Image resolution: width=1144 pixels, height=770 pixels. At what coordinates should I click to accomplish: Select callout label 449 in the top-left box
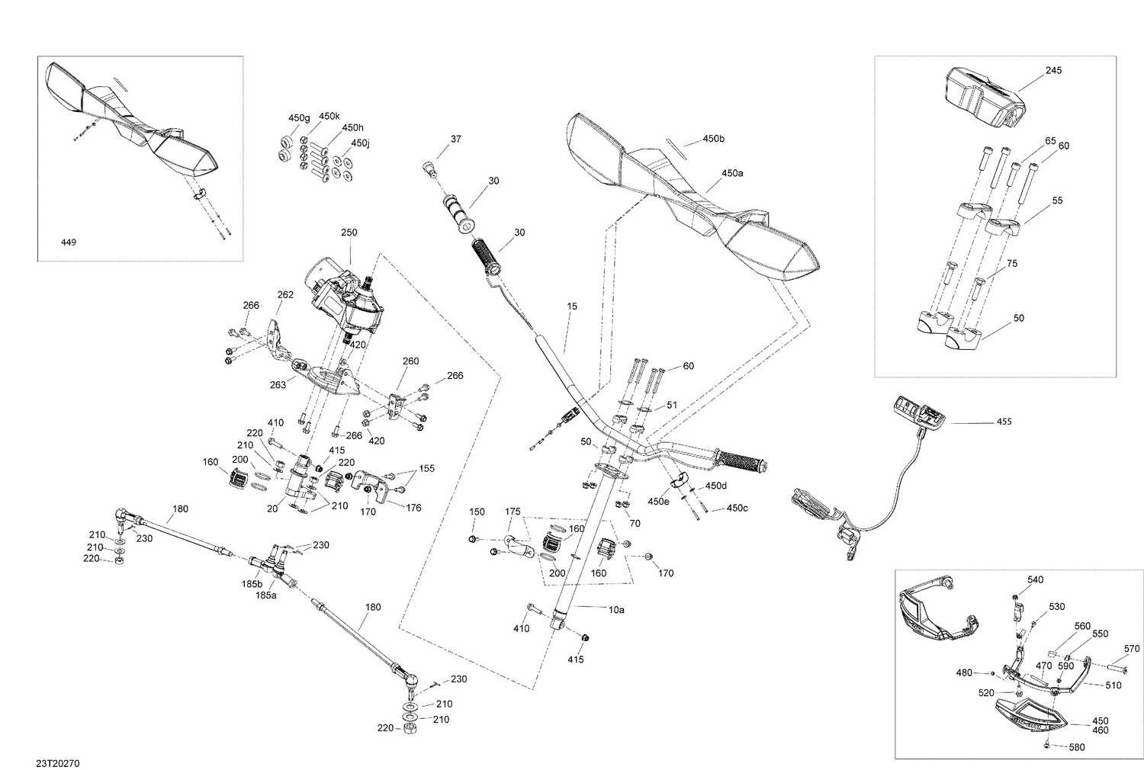(69, 242)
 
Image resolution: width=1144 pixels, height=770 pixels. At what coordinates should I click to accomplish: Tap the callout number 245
(1053, 70)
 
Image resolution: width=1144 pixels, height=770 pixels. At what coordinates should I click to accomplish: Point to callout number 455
(1004, 422)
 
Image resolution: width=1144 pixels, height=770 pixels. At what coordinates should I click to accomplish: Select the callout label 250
(349, 232)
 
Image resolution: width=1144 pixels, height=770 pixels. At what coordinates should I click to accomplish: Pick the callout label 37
(455, 139)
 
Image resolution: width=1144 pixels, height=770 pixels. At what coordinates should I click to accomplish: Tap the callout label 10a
(615, 610)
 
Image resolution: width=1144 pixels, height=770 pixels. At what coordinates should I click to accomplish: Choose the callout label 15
(572, 306)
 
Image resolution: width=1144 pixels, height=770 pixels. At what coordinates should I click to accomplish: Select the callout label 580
(1077, 747)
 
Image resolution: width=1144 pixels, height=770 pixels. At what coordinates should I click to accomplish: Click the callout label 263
(278, 385)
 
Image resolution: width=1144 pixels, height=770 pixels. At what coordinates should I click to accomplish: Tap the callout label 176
(413, 507)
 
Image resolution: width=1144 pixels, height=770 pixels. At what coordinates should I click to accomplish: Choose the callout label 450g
(299, 118)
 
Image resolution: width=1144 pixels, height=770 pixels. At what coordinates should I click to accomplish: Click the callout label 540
(1035, 579)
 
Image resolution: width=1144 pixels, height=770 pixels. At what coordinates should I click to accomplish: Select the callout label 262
(285, 294)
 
